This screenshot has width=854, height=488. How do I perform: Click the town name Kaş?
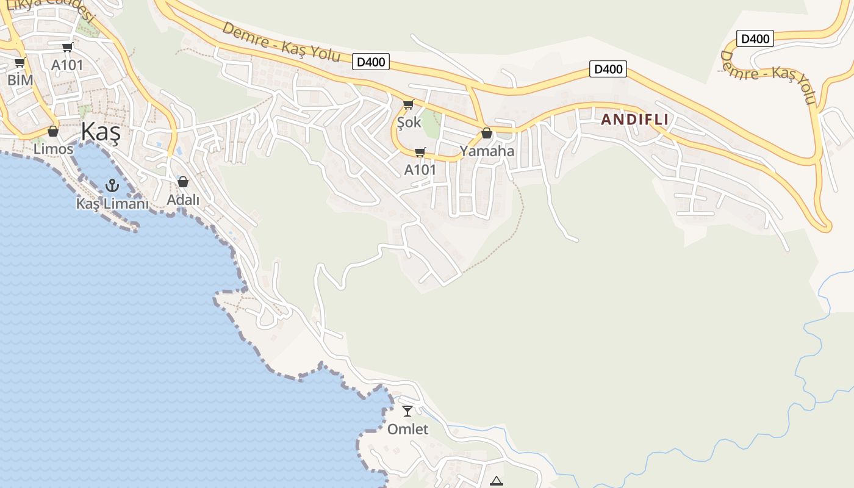tap(100, 132)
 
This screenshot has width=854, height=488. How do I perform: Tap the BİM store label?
tap(20, 79)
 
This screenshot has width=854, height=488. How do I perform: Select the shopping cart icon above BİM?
tap(20, 62)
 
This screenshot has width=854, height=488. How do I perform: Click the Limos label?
tap(53, 149)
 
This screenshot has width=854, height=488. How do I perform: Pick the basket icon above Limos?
tap(53, 131)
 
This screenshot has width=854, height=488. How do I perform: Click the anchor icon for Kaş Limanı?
tap(112, 185)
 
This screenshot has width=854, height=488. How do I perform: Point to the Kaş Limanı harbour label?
tap(112, 204)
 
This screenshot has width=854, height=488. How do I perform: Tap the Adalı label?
tap(183, 199)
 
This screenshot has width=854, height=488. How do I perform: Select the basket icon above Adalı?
tap(183, 182)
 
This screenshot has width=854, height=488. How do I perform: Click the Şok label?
tap(409, 122)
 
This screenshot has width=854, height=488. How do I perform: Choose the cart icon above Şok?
tap(408, 105)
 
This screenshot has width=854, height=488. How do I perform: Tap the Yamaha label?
tap(487, 151)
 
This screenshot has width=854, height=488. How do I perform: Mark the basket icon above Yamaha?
tap(487, 133)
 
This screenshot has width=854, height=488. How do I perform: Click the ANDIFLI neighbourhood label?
tap(634, 120)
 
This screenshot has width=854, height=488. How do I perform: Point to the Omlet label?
tap(408, 429)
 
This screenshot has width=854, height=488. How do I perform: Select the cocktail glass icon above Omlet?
tap(407, 411)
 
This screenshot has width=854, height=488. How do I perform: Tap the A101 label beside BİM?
tap(67, 65)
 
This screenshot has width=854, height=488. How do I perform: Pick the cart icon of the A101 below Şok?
tap(420, 152)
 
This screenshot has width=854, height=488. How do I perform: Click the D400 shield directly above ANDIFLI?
tap(608, 69)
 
